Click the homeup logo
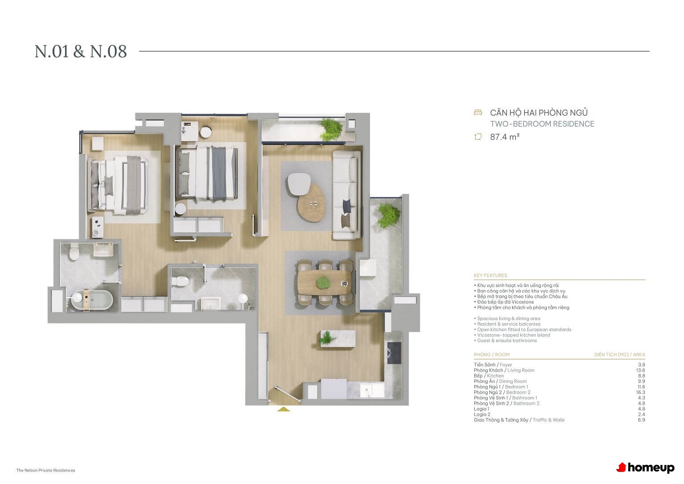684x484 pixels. pyautogui.click(x=645, y=468)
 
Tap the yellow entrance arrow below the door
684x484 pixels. pyautogui.click(x=283, y=409)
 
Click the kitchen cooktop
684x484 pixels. pyautogui.click(x=394, y=353)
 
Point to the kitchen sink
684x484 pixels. pyautogui.click(x=372, y=390)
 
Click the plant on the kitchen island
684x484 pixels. pyautogui.click(x=328, y=338)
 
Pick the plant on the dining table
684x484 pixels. pyautogui.click(x=323, y=282)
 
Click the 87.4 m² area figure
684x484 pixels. pyautogui.click(x=505, y=137)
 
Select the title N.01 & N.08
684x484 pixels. pyautogui.click(x=81, y=51)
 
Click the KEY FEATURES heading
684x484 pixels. pyautogui.click(x=490, y=275)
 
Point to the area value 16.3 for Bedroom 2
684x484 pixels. pyautogui.click(x=641, y=392)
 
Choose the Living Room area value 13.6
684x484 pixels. pyautogui.click(x=641, y=370)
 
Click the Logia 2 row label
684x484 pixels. pyautogui.click(x=482, y=414)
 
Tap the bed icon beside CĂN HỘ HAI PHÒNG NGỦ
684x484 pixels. pyautogui.click(x=478, y=112)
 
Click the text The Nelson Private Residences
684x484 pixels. pyautogui.click(x=46, y=470)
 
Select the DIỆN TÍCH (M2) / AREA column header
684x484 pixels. pyautogui.click(x=619, y=355)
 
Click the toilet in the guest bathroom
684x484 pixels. pyautogui.click(x=180, y=281)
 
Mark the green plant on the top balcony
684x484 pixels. pyautogui.click(x=330, y=130)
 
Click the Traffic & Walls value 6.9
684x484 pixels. pyautogui.click(x=641, y=420)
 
